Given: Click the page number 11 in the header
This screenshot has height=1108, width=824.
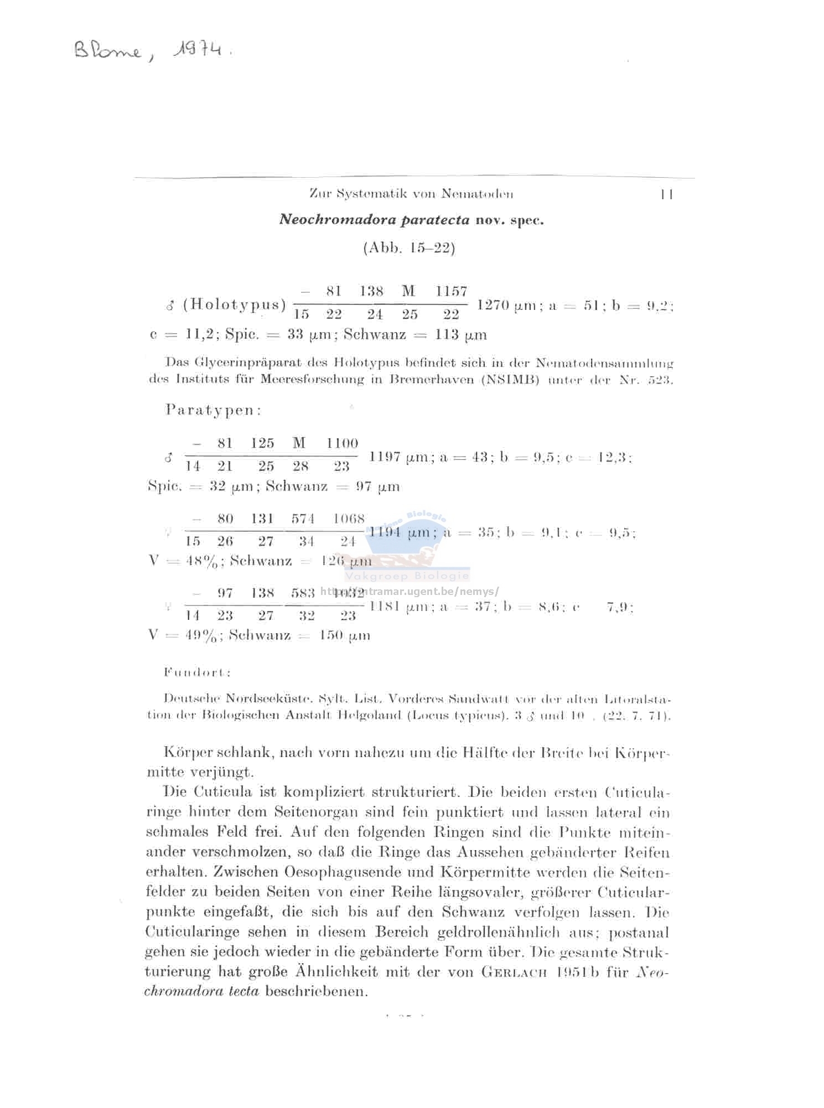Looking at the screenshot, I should tap(666, 194).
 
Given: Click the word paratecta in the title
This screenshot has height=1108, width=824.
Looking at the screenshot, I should tap(435, 220).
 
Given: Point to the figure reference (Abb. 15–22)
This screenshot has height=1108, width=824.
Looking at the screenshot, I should tap(409, 248).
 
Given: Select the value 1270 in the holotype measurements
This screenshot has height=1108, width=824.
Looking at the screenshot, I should tap(493, 305).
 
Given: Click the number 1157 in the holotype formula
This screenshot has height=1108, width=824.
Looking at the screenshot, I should tap(451, 291).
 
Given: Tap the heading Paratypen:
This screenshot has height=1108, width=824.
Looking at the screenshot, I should tap(213, 410).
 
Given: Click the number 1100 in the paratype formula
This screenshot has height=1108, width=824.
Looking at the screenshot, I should tap(342, 443).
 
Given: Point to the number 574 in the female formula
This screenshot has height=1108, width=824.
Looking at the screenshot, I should tap(303, 519).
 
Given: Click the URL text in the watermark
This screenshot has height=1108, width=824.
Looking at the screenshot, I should tap(410, 591).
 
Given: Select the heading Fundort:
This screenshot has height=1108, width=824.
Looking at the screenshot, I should tap(197, 672).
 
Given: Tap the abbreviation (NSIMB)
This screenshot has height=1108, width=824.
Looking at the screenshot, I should tap(510, 380).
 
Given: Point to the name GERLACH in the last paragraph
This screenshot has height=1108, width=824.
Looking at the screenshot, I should tap(515, 972).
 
